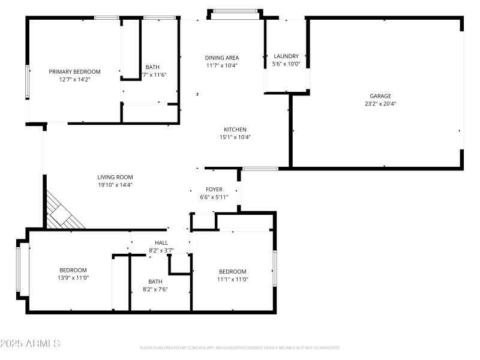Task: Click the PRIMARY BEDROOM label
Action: pyautogui.click(x=74, y=71)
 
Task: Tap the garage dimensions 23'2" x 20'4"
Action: pyautogui.click(x=380, y=104)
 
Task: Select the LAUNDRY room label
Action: pyautogui.click(x=286, y=56)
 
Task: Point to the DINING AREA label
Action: pyautogui.click(x=222, y=58)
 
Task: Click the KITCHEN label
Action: pyautogui.click(x=235, y=130)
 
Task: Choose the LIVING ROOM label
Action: pyautogui.click(x=115, y=177)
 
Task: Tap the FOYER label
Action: pyautogui.click(x=214, y=190)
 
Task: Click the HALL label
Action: pyautogui.click(x=161, y=243)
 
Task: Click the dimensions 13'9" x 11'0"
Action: pyautogui.click(x=73, y=278)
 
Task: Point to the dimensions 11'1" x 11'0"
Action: pyautogui.click(x=232, y=279)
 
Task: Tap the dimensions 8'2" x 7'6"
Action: pyautogui.click(x=155, y=289)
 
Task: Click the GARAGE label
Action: pyautogui.click(x=380, y=96)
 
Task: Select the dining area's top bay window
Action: pyautogui.click(x=235, y=11)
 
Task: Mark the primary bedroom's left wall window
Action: pyautogui.click(x=27, y=82)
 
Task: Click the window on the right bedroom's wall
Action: pyautogui.click(x=274, y=269)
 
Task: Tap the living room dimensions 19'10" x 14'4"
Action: pyautogui.click(x=115, y=185)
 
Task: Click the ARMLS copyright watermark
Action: pyautogui.click(x=30, y=344)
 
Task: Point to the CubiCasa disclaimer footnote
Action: pyautogui.click(x=240, y=347)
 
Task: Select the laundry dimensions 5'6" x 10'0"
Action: pyautogui.click(x=286, y=64)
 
